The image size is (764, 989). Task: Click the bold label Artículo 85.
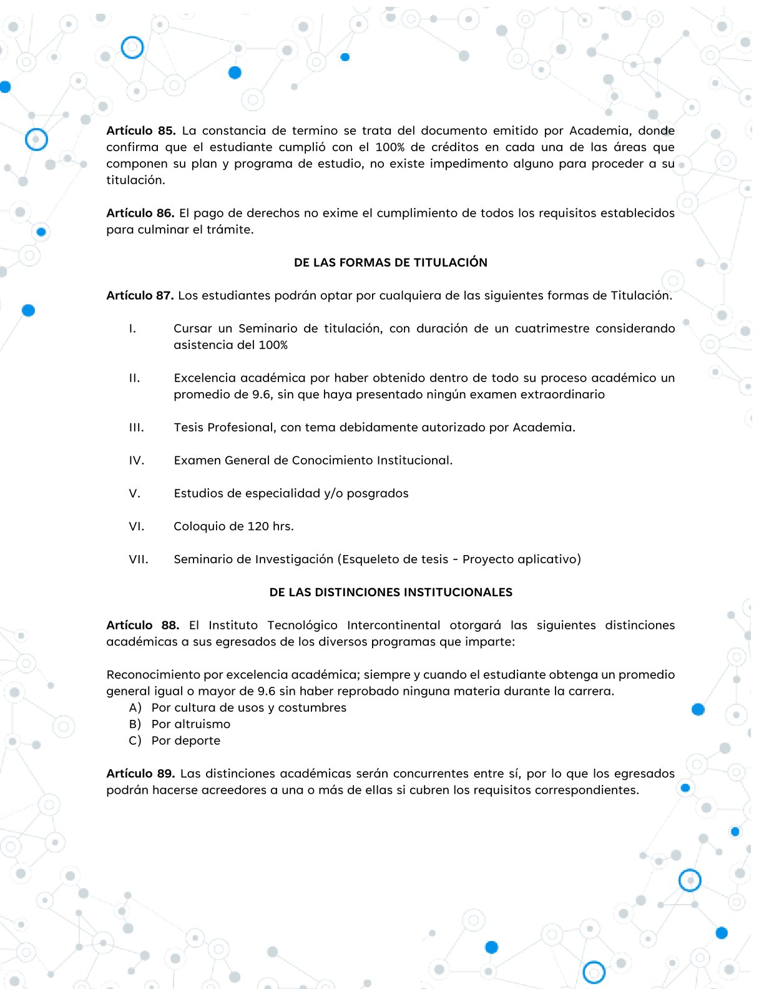[x=140, y=130]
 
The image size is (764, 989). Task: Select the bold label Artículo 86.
[x=140, y=213]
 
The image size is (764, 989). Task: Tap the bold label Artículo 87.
[x=140, y=295]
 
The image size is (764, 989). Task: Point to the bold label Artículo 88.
[x=142, y=625]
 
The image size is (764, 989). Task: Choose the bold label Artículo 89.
[x=140, y=774]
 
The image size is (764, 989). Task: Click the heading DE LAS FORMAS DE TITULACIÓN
[x=390, y=262]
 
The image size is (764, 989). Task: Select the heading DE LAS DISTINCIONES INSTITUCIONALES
[x=390, y=592]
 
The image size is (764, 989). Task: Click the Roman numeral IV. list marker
[x=136, y=460]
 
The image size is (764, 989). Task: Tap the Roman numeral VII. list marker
[x=139, y=559]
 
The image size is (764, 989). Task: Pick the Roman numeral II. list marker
[x=134, y=378]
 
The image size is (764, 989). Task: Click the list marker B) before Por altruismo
[x=135, y=724]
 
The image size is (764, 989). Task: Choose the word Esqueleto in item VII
[x=372, y=559]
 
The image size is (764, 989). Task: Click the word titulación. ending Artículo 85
[x=135, y=180]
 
